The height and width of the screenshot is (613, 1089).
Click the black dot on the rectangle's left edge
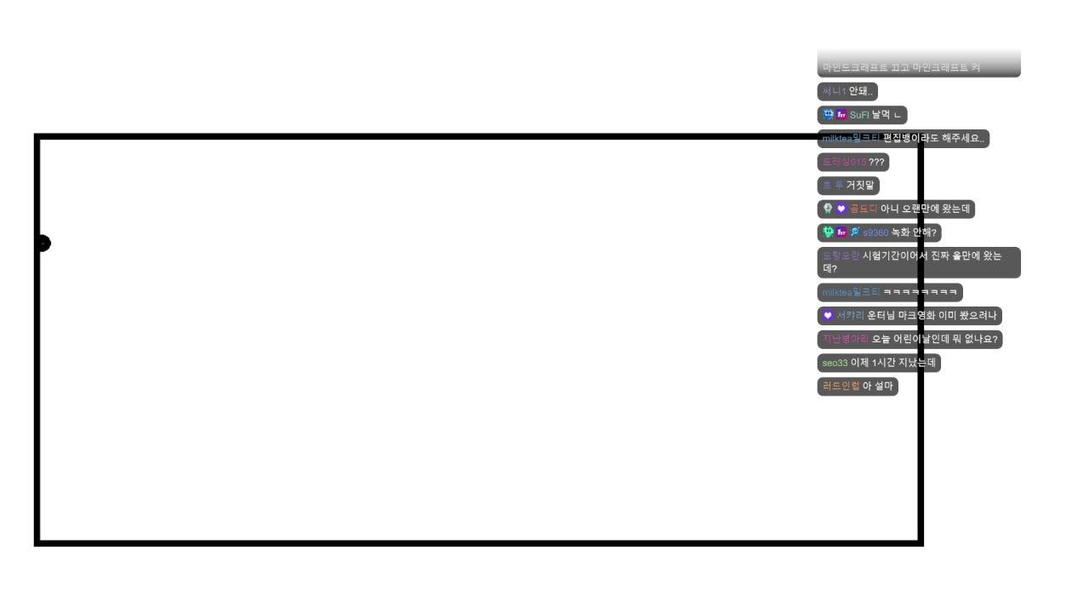(43, 243)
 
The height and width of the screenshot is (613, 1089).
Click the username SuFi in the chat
(859, 115)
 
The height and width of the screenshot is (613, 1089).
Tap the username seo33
(835, 363)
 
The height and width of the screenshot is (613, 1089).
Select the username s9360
(875, 232)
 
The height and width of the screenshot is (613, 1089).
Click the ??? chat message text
(876, 162)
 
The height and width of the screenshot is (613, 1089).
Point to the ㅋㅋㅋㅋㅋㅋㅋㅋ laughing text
(921, 293)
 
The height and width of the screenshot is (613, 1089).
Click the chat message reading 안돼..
(861, 91)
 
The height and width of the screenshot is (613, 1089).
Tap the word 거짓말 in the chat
(859, 185)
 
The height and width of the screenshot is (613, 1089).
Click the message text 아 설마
(878, 387)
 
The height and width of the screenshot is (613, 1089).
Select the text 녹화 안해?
(914, 232)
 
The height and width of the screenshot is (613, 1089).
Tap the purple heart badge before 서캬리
(828, 316)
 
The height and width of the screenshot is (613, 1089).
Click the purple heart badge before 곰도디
(841, 209)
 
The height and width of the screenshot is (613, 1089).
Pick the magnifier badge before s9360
(855, 232)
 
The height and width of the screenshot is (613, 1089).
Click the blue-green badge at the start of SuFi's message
(828, 115)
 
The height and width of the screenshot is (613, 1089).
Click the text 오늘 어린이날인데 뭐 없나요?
(932, 340)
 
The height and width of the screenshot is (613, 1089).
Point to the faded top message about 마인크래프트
(901, 67)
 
